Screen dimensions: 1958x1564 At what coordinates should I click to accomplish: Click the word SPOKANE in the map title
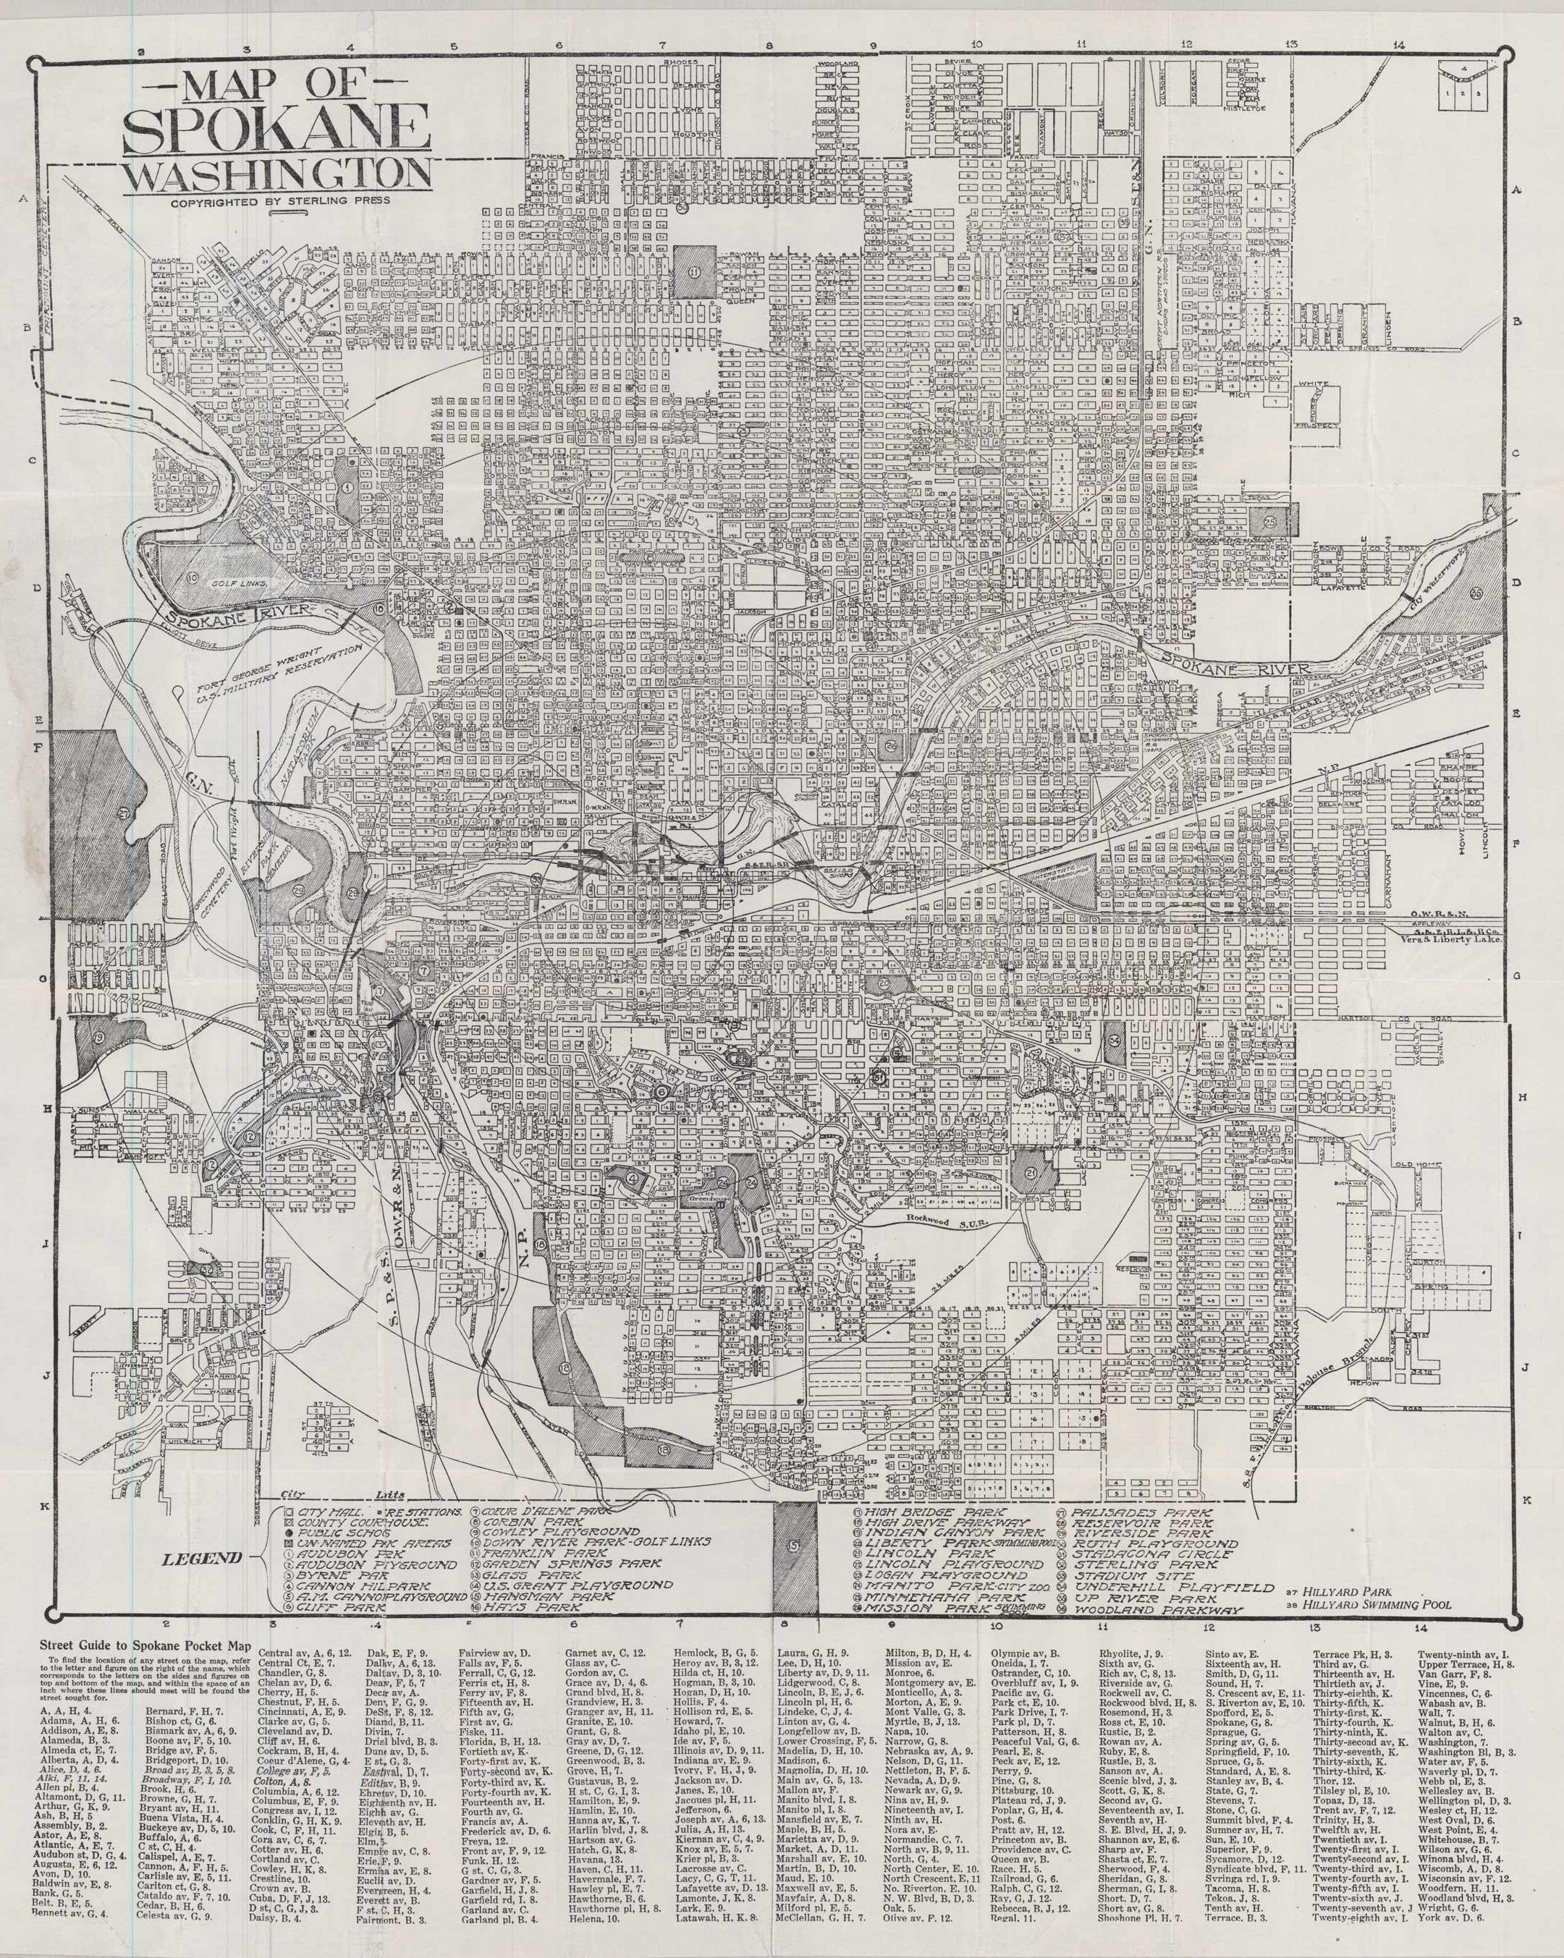pos(276,130)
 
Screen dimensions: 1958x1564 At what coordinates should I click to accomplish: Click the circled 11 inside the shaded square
pos(696,271)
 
